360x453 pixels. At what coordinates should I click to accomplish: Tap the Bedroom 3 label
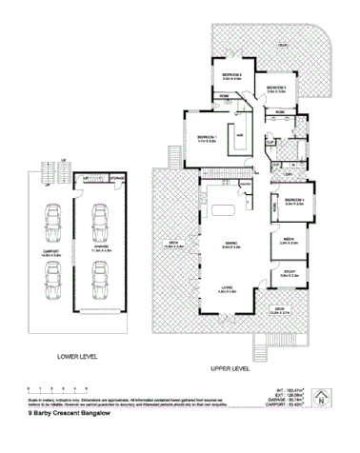coord(276,89)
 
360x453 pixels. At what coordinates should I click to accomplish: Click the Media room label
coord(289,242)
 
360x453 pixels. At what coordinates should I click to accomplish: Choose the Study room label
coord(289,276)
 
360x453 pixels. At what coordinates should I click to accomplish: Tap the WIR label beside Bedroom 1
coord(238,134)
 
